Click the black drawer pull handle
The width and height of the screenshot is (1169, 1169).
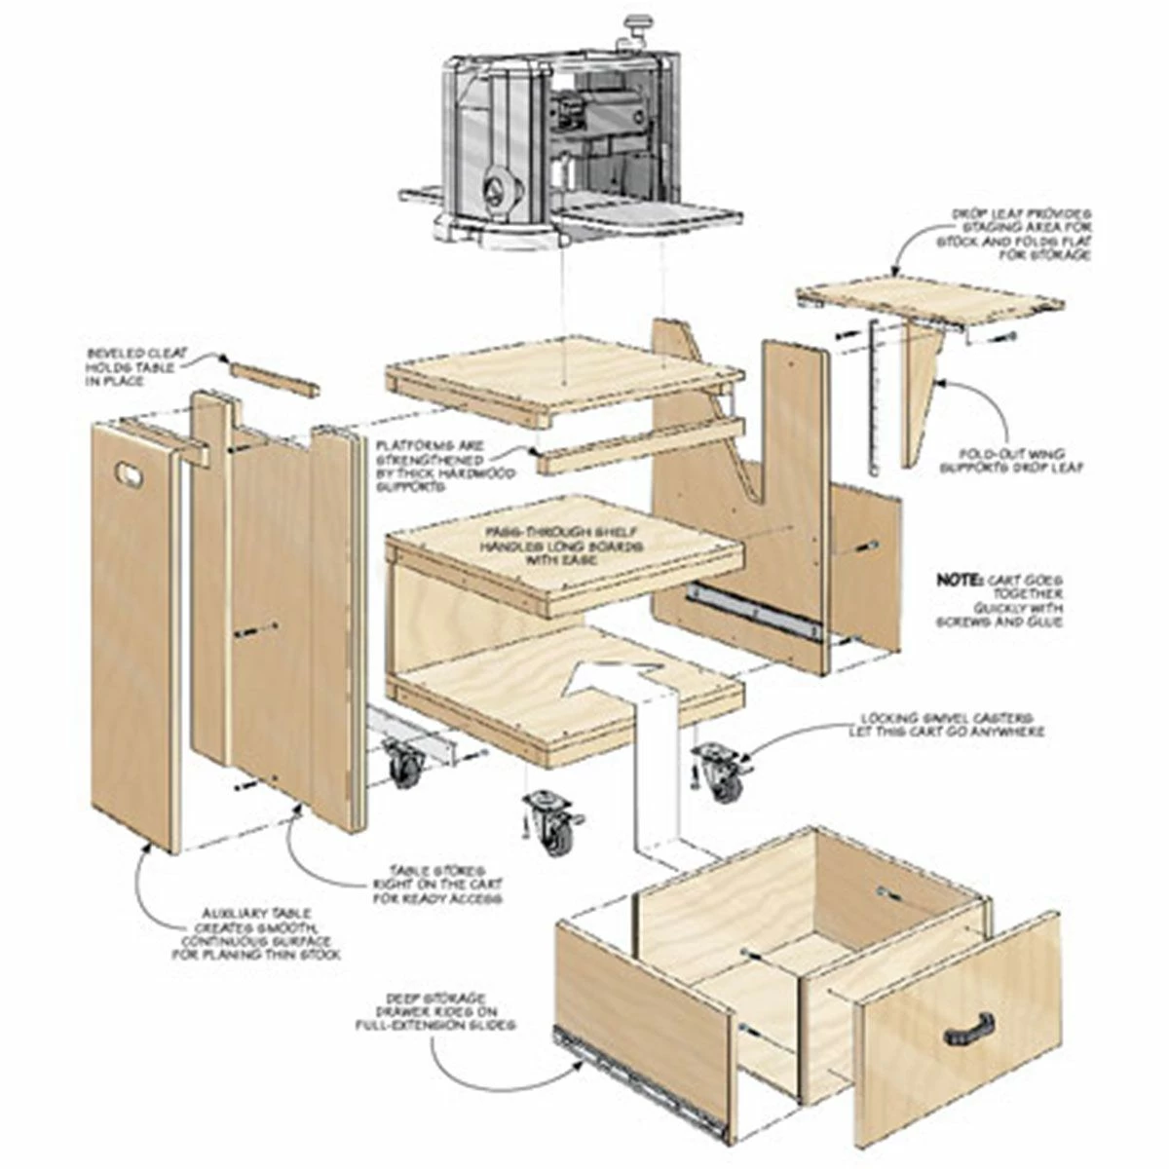pyautogui.click(x=968, y=1029)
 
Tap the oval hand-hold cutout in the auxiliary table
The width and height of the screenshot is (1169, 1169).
pyautogui.click(x=128, y=472)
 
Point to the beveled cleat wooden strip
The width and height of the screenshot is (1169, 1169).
pyautogui.click(x=274, y=377)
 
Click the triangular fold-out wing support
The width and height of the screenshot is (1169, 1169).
pyautogui.click(x=922, y=390)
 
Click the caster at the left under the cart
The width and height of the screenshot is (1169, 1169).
pyautogui.click(x=403, y=764)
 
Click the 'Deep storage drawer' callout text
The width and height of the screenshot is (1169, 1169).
pyautogui.click(x=435, y=1011)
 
